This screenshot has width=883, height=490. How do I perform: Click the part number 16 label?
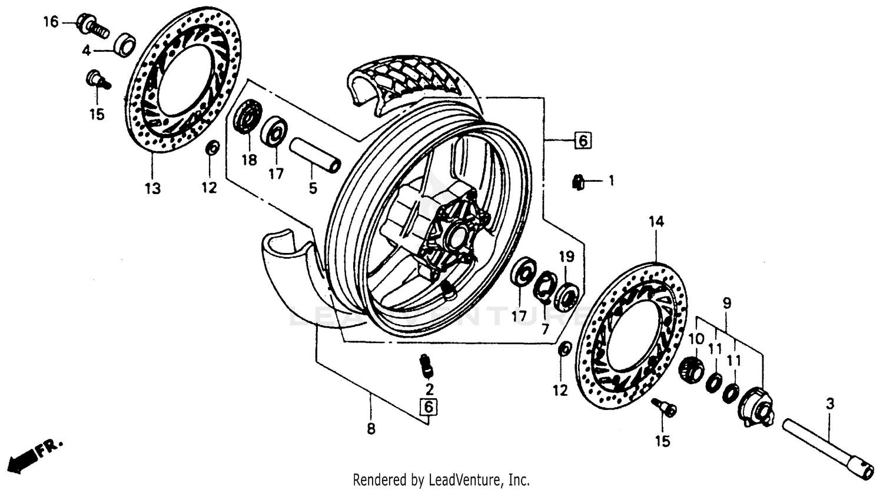point(51,22)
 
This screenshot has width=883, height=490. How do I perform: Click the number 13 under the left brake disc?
point(152,189)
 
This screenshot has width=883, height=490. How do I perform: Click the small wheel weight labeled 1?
point(577,183)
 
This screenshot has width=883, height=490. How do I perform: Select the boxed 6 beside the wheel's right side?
point(581,141)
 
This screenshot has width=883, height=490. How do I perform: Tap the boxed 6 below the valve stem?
point(429,406)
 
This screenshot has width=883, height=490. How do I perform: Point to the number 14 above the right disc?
point(656,222)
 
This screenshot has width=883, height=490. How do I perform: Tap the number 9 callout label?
point(727,303)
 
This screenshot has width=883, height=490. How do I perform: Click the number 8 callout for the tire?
point(371,429)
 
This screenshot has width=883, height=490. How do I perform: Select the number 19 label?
point(566,257)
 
